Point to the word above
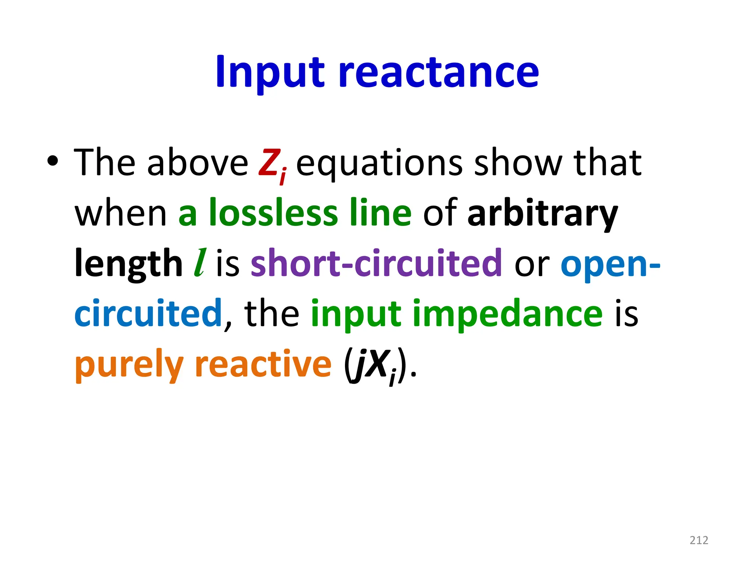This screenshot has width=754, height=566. (x=198, y=162)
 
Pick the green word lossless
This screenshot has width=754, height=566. (x=273, y=213)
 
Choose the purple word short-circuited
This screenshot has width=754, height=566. (x=376, y=263)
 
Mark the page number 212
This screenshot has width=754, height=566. (x=699, y=540)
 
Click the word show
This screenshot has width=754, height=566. (x=518, y=162)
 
